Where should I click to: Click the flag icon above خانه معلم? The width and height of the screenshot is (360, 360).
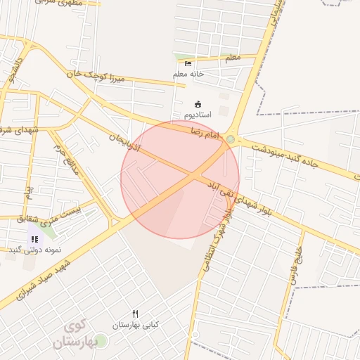(187, 63)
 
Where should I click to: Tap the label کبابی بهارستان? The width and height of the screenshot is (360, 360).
(136, 325)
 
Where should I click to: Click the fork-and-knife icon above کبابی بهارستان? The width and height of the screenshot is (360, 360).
(136, 314)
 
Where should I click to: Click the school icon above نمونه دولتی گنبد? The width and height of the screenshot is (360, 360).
(34, 239)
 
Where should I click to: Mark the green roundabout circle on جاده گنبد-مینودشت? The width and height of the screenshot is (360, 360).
(231, 139)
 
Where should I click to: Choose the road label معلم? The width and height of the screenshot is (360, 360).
(233, 57)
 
